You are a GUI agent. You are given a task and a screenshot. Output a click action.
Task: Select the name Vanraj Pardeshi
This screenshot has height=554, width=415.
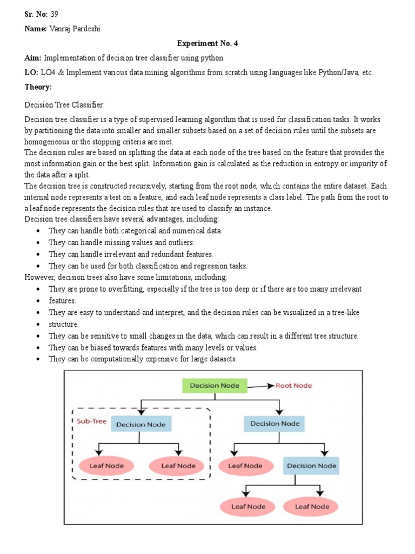[73, 28]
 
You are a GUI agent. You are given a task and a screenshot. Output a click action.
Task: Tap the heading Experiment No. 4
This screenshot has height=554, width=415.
[208, 43]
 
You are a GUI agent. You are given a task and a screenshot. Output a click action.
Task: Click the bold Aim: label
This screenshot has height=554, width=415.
[33, 57]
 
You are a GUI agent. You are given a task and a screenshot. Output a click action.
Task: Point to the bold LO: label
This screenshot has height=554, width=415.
[32, 72]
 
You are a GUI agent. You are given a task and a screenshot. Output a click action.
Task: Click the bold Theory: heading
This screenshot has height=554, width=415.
[38, 87]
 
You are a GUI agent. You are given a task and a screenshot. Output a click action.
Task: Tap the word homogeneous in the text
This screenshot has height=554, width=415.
[48, 141]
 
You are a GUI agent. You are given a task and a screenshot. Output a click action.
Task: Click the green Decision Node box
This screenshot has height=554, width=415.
[215, 386]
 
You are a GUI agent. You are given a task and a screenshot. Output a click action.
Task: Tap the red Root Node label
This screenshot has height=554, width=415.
[293, 386]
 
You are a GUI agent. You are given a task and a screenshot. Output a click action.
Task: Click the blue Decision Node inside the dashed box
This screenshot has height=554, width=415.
[142, 424]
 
